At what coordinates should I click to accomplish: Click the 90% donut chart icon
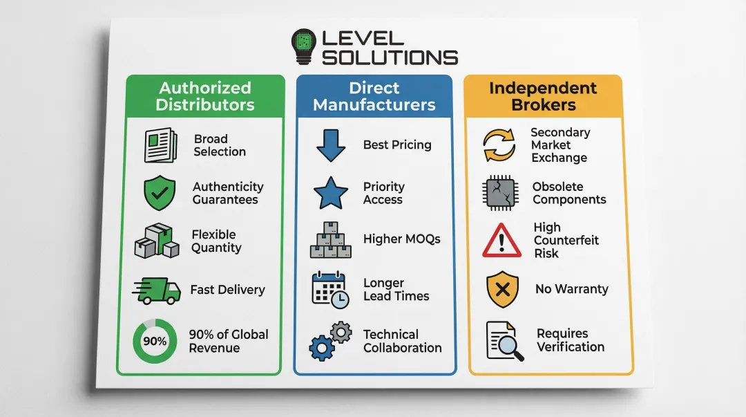pyautogui.click(x=155, y=341)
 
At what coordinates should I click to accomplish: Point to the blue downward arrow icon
pyautogui.click(x=330, y=145)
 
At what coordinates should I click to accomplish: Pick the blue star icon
pyautogui.click(x=331, y=193)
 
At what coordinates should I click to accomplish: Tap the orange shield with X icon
pyautogui.click(x=503, y=289)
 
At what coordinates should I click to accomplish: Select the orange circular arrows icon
pyautogui.click(x=499, y=145)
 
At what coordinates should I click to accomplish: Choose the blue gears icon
pyautogui.click(x=331, y=341)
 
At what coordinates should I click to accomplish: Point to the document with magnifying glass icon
pyautogui.click(x=503, y=340)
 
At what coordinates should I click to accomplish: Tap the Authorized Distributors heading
pyautogui.click(x=205, y=97)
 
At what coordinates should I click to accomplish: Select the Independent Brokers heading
pyautogui.click(x=543, y=97)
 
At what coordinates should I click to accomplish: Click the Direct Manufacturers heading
pyautogui.click(x=374, y=97)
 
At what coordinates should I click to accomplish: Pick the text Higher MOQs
pyautogui.click(x=401, y=239)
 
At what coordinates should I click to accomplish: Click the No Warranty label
pyautogui.click(x=571, y=289)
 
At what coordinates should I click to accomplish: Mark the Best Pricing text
pyautogui.click(x=397, y=145)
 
